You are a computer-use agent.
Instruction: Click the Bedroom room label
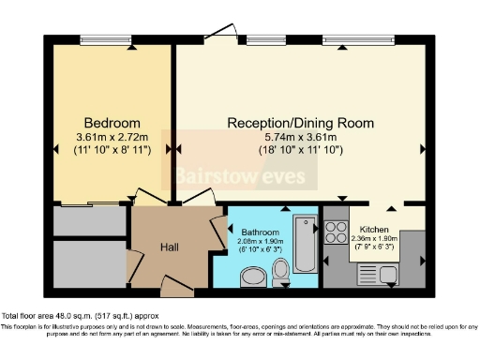(x=112, y=123)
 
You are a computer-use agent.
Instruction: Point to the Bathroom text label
(x=260, y=232)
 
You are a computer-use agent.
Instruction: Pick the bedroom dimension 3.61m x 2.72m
(x=112, y=137)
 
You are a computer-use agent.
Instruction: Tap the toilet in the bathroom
(x=280, y=273)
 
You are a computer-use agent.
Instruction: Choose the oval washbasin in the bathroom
(x=252, y=277)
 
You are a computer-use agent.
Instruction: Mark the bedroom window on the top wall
(x=104, y=40)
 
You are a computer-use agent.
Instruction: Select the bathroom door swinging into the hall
(x=218, y=227)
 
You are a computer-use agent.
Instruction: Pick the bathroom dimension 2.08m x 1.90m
(x=260, y=241)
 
